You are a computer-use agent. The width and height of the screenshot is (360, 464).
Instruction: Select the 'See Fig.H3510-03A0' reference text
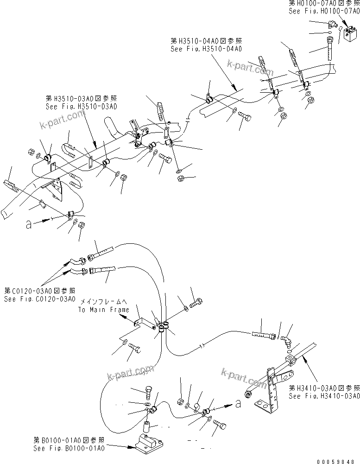pyautogui.click(x=82, y=106)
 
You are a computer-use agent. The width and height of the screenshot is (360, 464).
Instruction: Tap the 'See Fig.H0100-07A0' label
pyautogui.click(x=323, y=11)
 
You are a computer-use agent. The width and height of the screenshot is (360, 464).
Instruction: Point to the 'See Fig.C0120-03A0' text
pyautogui.click(x=39, y=299)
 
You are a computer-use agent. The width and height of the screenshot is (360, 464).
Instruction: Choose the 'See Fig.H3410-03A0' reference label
pyautogui.click(x=324, y=396)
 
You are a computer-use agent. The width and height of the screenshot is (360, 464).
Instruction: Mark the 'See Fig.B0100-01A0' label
pyautogui.click(x=69, y=448)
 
